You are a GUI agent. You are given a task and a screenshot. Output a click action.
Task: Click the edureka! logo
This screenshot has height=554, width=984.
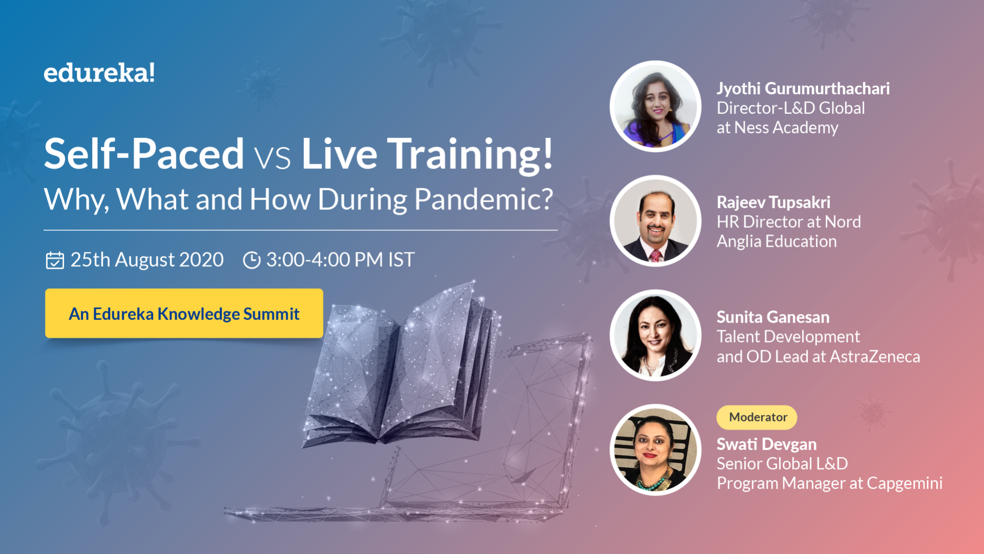pos(99,73)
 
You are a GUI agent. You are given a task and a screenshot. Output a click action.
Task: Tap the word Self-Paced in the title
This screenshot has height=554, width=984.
pos(144,154)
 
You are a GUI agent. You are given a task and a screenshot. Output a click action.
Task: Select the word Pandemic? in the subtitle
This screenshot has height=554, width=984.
pos(483,200)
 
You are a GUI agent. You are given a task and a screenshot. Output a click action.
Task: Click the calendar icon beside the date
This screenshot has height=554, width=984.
pos(55,260)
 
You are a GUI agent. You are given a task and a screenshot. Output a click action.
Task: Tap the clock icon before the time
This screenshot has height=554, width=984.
pos(252,260)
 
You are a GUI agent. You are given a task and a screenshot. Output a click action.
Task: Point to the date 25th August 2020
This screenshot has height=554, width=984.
pos(147,260)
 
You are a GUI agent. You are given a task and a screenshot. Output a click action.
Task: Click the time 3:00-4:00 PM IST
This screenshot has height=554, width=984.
pos(340,260)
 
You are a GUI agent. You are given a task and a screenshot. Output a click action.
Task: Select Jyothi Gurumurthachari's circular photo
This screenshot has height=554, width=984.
pos(655,107)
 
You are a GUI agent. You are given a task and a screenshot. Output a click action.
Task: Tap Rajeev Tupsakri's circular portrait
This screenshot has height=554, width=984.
pos(655,221)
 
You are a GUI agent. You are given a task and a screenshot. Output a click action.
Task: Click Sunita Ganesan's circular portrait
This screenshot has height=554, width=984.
pos(655,335)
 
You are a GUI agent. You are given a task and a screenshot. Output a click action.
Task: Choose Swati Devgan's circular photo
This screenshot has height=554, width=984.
pos(655,450)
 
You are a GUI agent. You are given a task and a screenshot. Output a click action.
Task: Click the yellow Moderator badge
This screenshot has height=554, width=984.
pos(757,418)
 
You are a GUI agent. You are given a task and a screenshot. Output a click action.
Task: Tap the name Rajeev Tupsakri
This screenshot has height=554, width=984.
pos(773,203)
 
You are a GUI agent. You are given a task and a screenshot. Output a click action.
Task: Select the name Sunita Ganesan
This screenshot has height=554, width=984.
pos(773,318)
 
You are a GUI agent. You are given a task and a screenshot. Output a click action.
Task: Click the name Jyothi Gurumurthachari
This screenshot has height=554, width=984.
pos(803,89)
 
